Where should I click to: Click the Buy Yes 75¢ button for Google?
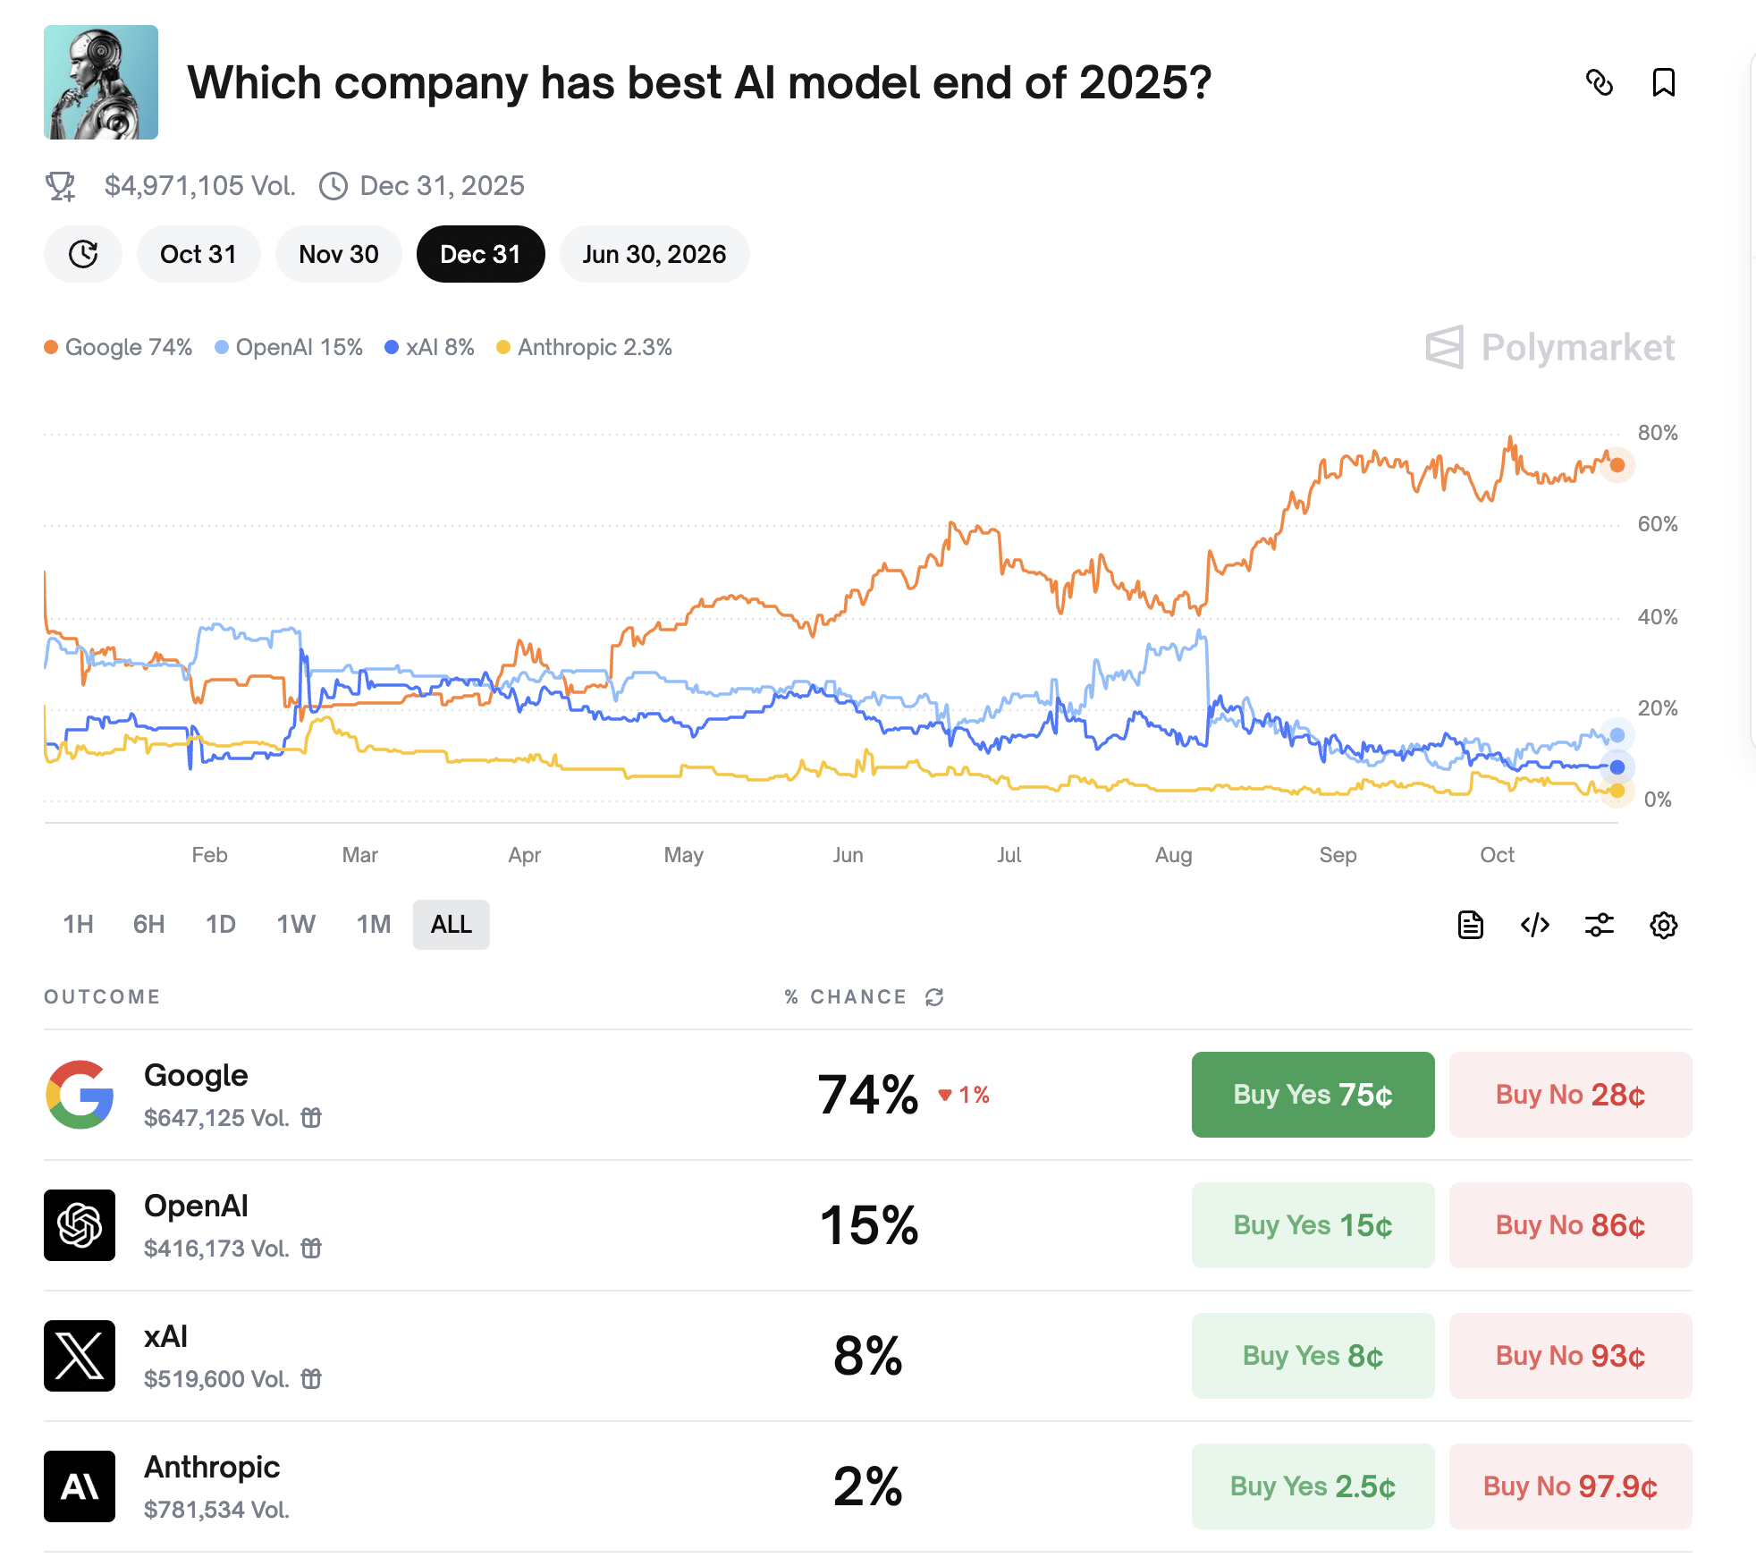pos(1313,1094)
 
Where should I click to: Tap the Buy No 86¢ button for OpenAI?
pos(1570,1224)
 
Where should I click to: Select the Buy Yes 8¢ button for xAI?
pos(1313,1355)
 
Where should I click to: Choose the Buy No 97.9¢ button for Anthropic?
pos(1570,1486)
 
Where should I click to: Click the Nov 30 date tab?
pos(339,254)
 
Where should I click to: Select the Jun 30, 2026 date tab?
pos(654,254)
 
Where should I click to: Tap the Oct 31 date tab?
pos(198,254)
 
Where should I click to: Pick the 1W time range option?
pos(296,924)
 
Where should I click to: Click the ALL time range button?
pos(451,924)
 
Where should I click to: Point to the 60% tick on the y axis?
pos(1657,524)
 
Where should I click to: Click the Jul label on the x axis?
pos(1009,855)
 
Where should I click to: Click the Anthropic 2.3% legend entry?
pos(585,347)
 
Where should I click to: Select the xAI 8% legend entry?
pos(429,347)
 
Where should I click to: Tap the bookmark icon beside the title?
pos(1663,82)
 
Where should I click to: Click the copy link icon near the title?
pos(1600,82)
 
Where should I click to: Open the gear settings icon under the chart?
pos(1663,925)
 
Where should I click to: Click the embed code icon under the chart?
pos(1535,925)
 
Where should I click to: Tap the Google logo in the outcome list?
pos(80,1094)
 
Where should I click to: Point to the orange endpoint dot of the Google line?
pos(1617,465)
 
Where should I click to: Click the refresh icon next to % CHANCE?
pos(934,997)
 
